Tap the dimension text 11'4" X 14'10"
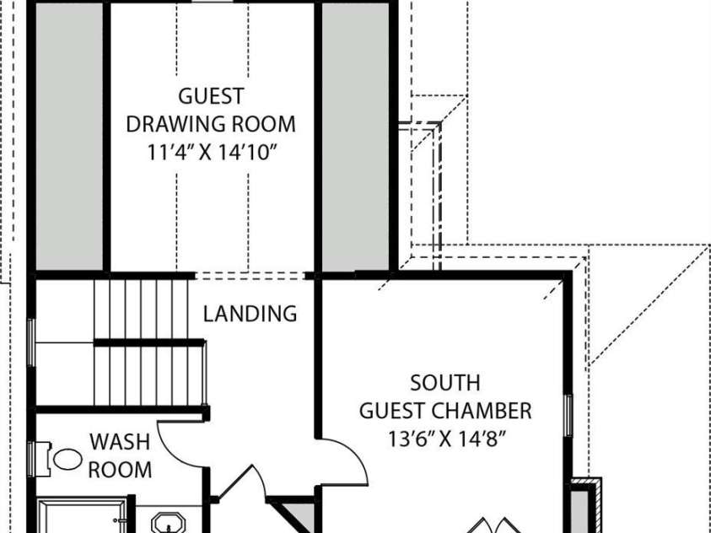point(212,153)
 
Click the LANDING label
point(250,314)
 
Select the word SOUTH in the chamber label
point(444,383)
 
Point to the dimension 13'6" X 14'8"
point(447,439)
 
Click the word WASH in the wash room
point(120,442)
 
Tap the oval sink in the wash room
point(67,459)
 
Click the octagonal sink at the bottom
point(168,523)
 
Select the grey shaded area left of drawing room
point(69,137)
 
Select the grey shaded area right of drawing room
point(356,137)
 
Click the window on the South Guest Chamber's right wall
point(568,416)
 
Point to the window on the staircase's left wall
point(31,342)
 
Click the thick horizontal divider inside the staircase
point(149,342)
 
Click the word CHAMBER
point(481,411)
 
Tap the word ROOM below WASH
point(120,470)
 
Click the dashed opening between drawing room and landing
point(250,276)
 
